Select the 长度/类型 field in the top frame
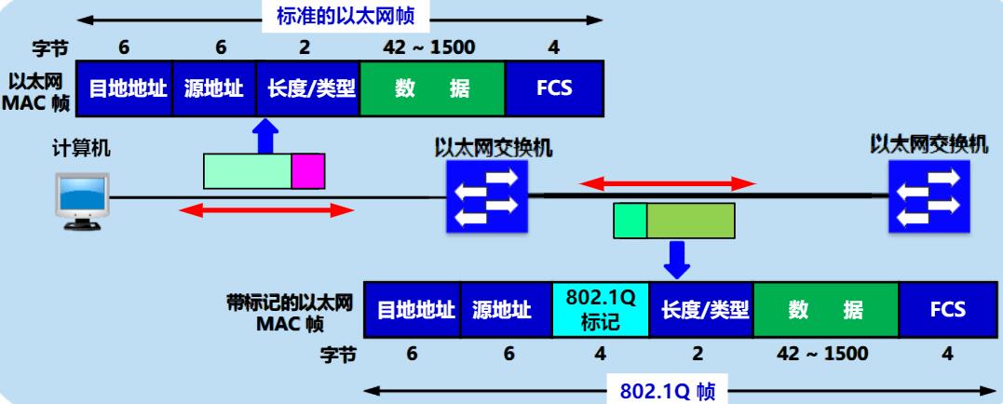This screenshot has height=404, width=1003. coord(307,88)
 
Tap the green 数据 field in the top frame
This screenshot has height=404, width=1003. coord(432,88)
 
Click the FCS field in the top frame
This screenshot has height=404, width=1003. coord(554,88)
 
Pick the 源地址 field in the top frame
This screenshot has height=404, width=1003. coord(213,88)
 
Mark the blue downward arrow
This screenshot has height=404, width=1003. coord(677,258)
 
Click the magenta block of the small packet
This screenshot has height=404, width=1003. coord(307,171)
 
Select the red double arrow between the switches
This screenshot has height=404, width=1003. coord(666,184)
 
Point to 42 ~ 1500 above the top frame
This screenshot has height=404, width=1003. coord(431,46)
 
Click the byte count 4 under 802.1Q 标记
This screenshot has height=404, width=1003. coord(601,353)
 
